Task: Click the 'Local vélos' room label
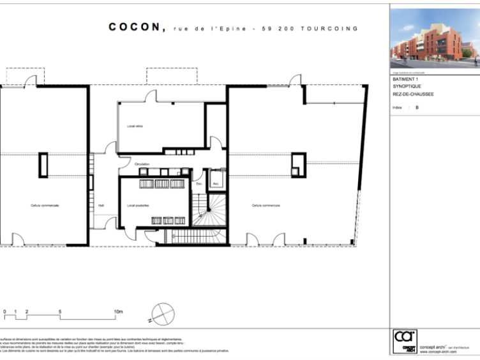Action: click(x=134, y=126)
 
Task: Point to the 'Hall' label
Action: click(x=101, y=206)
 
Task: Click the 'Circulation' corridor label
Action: click(x=142, y=164)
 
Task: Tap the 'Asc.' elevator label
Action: click(x=216, y=184)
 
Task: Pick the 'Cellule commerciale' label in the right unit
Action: click(x=266, y=206)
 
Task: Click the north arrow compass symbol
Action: click(x=163, y=313)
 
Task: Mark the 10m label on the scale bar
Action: click(x=118, y=311)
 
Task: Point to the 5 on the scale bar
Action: click(x=60, y=311)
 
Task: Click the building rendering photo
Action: click(x=434, y=38)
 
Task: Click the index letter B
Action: click(x=417, y=108)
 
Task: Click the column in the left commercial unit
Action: click(x=43, y=165)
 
